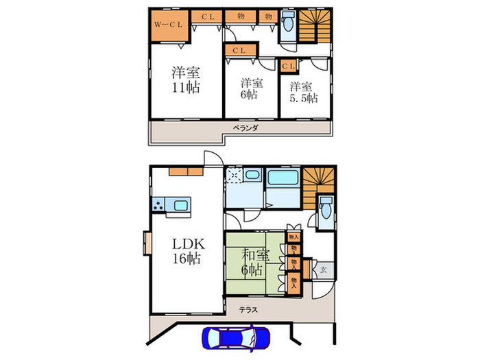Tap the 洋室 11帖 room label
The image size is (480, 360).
[186, 80]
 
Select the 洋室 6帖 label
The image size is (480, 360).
[252, 89]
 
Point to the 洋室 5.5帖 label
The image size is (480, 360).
[302, 93]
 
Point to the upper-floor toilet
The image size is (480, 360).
[288, 28]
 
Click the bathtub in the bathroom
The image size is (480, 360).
[281, 180]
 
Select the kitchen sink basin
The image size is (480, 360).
[182, 205]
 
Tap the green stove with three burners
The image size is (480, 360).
[160, 204]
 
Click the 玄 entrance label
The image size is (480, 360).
[322, 270]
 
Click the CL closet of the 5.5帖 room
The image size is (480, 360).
[288, 65]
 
